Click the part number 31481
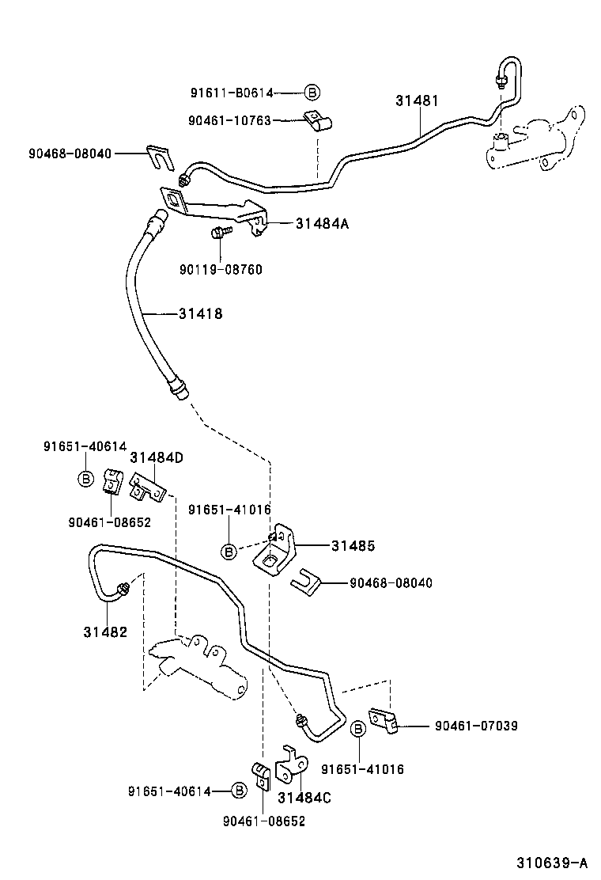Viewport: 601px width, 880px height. pos(417,101)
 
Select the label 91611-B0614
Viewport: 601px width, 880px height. pos(231,93)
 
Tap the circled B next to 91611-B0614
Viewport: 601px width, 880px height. pos(312,93)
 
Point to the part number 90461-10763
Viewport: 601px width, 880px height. pos(229,120)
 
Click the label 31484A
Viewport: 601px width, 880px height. pos(322,224)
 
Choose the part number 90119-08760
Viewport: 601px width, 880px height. pos(221,270)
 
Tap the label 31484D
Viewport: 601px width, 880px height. pos(157,457)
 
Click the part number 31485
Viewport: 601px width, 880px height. pos(353,545)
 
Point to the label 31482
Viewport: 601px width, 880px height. pos(104,632)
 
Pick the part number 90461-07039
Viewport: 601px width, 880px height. pos(476,725)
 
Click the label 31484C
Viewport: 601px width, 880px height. pos(304,798)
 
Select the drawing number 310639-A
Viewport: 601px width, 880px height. pos(553,862)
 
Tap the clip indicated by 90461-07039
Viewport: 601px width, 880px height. pos(387,722)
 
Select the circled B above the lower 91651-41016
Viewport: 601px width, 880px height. pos(358,728)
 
